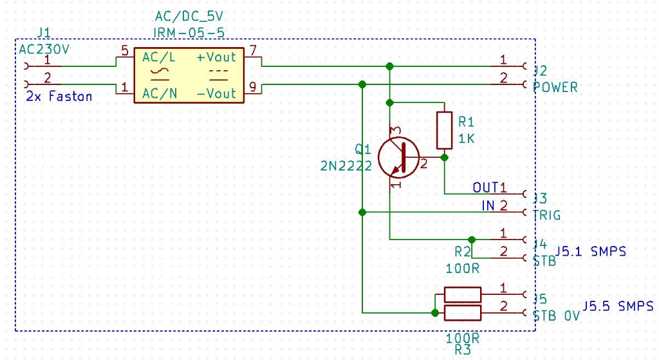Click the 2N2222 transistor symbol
398,158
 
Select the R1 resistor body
444,130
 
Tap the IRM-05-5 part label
189,33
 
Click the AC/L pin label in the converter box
158,57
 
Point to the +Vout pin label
216,57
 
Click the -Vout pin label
216,93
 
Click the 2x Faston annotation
59,97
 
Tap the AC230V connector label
44,49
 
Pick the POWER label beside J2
555,87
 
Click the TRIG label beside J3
546,215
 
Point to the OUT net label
485,187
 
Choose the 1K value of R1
466,138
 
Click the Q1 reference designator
363,149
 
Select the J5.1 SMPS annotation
591,252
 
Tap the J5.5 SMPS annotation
618,306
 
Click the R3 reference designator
463,350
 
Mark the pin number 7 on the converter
252,50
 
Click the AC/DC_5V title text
189,16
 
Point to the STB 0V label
556,316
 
